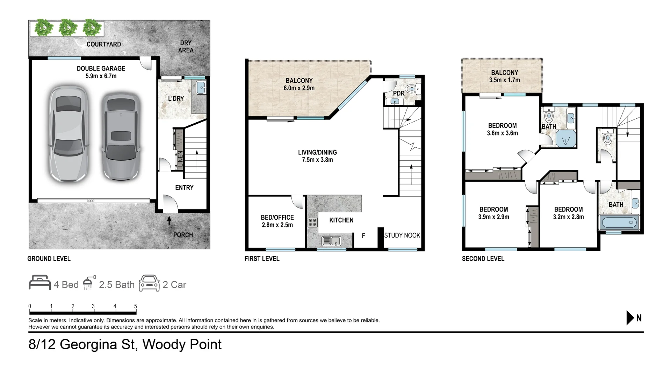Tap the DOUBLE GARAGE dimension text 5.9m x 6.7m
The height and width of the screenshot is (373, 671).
[x=101, y=76]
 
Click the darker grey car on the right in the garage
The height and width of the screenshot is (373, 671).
[x=121, y=136]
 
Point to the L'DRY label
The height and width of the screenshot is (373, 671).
[x=176, y=98]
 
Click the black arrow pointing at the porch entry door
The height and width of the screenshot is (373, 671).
[x=169, y=220]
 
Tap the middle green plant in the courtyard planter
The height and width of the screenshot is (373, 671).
[x=68, y=28]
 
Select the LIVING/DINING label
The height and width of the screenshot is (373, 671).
[x=317, y=152]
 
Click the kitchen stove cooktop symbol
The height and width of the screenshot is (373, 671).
[x=312, y=222]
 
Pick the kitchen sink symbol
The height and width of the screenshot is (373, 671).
[x=331, y=241]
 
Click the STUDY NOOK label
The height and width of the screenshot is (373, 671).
[x=402, y=235]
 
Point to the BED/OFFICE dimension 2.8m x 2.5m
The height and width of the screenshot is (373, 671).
[x=277, y=225]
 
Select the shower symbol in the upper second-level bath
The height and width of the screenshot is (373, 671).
[x=565, y=139]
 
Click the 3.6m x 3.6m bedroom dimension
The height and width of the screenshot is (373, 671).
[x=502, y=133]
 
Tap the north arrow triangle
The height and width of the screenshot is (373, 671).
[x=630, y=318]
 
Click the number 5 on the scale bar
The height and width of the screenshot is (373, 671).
[x=136, y=306]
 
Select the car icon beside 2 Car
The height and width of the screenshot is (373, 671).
[x=149, y=283]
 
